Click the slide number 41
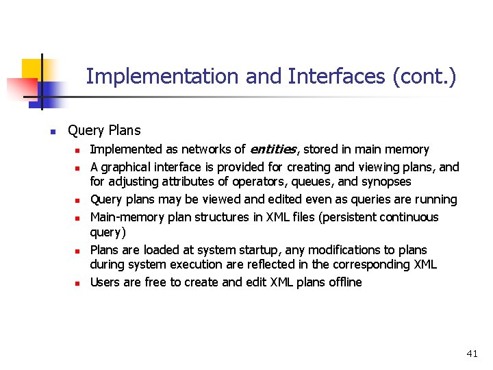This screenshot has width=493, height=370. point(472,354)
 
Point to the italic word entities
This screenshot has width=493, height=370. point(273,149)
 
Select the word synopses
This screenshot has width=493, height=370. point(386,182)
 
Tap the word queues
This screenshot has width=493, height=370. point(308,182)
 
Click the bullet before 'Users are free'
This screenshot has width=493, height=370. point(79,283)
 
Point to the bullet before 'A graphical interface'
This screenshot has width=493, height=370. point(79,168)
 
